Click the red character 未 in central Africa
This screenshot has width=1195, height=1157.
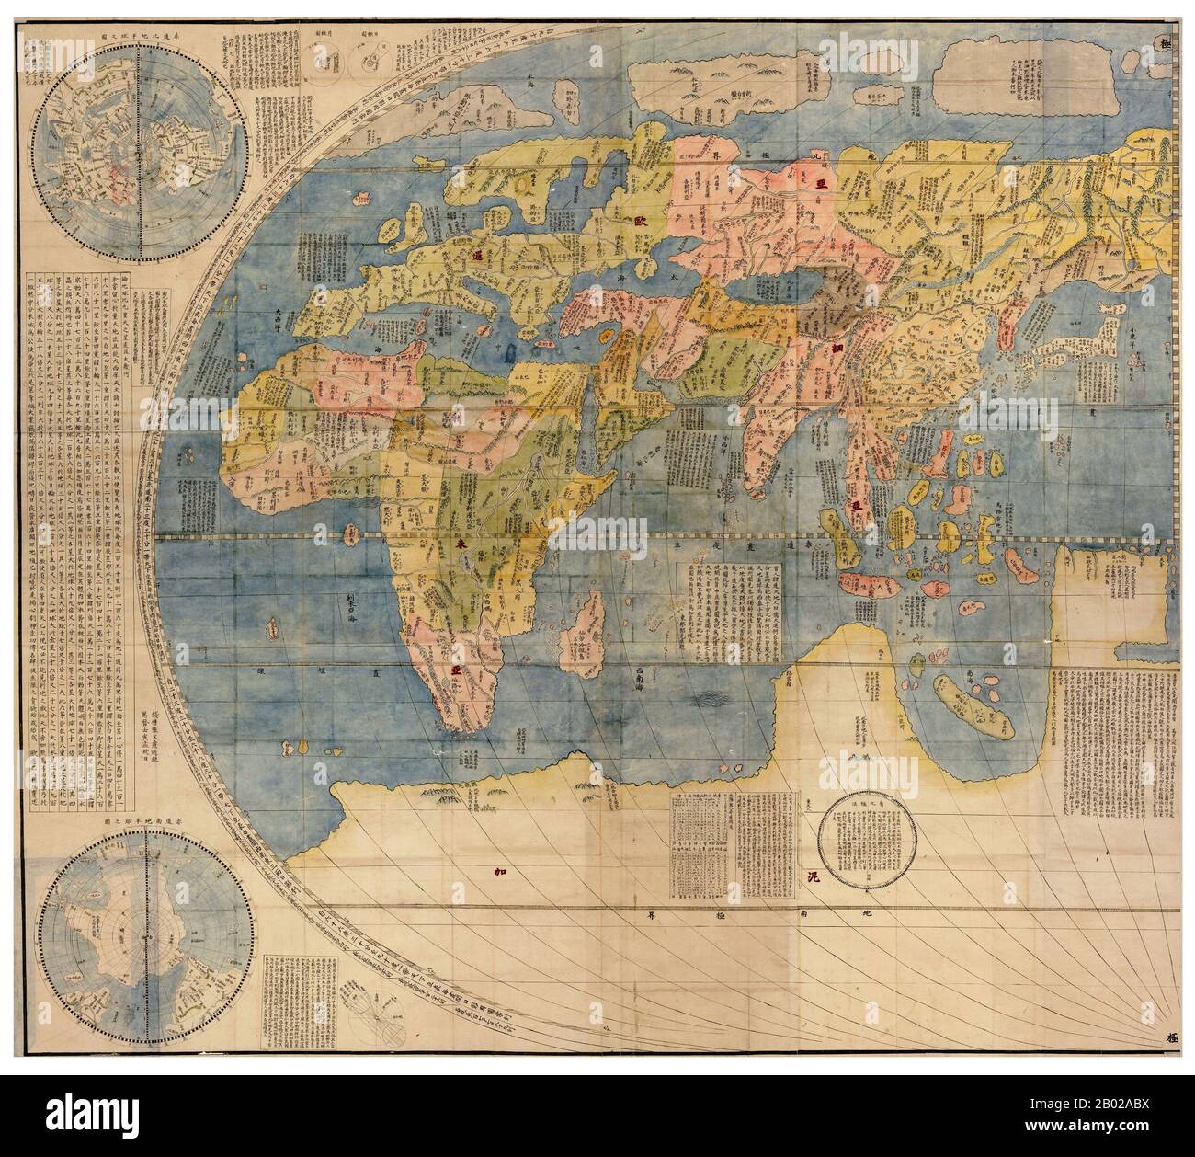pyautogui.click(x=459, y=545)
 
